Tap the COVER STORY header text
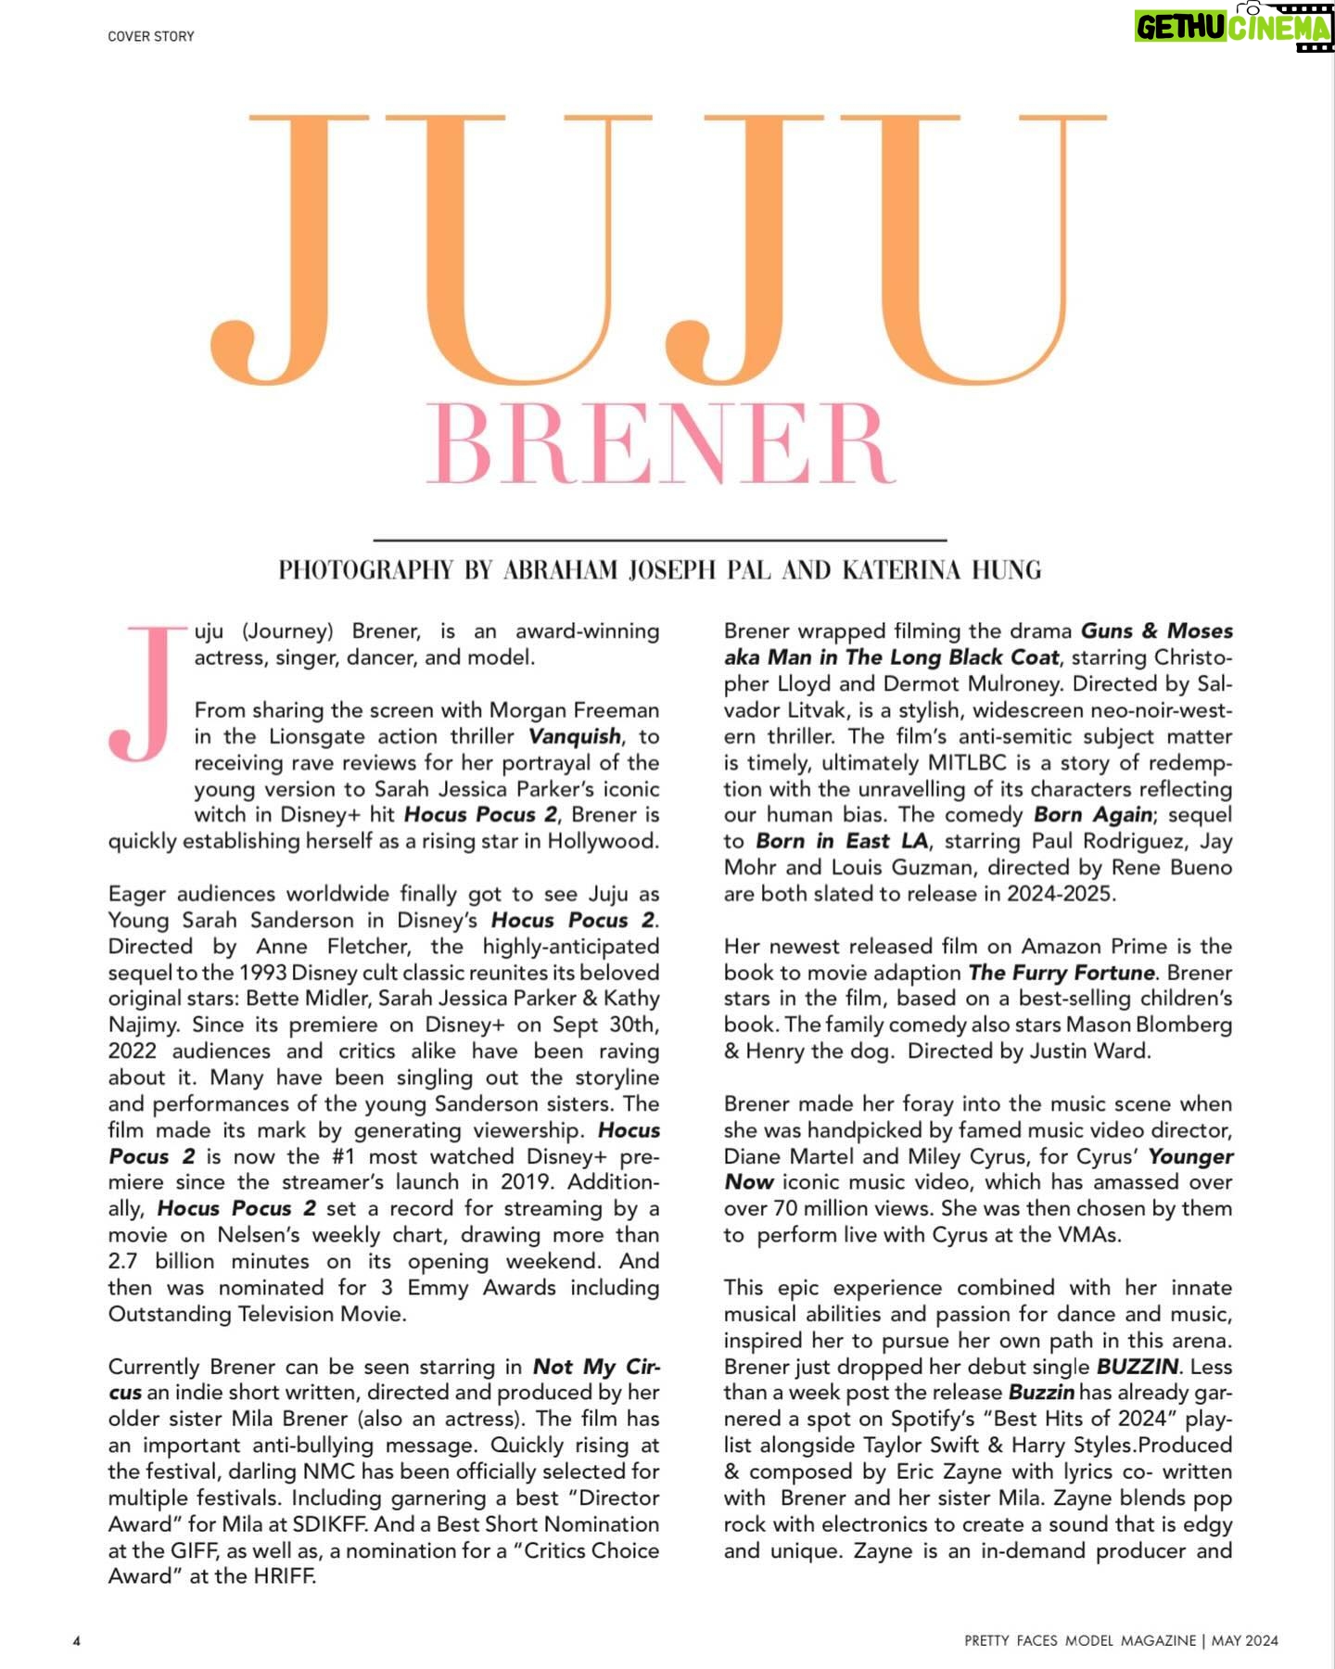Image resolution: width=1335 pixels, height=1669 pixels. coord(151,36)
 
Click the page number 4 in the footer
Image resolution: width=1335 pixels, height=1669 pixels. coord(77,1640)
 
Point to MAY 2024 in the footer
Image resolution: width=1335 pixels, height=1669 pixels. coord(1244,1640)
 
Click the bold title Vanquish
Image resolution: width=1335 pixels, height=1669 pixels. coord(575,736)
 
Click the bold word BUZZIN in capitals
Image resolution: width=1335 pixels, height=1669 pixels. coord(1137,1367)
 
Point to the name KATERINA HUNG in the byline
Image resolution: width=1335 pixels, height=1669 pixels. coord(941,569)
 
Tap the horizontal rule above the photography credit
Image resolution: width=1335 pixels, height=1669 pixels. coord(659,540)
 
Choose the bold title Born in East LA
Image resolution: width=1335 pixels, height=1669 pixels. coord(841,841)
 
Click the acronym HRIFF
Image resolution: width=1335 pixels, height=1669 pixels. coord(282,1576)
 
